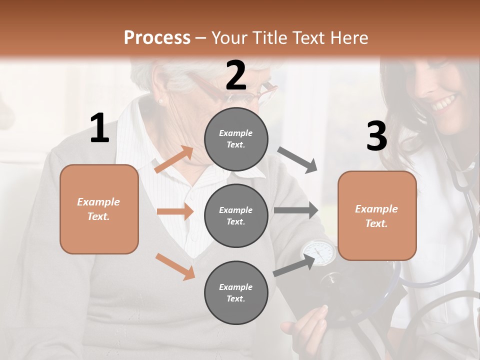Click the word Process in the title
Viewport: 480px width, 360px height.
click(x=157, y=38)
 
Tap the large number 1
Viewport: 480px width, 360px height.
click(x=99, y=128)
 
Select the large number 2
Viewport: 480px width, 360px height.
click(x=236, y=75)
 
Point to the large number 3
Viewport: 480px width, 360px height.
click(x=376, y=136)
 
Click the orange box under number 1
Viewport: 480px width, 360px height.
click(x=99, y=209)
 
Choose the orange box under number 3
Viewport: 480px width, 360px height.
click(x=377, y=215)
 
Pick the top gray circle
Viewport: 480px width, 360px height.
click(x=236, y=139)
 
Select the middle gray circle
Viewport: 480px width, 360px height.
click(x=236, y=215)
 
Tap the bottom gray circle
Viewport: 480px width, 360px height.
click(x=236, y=292)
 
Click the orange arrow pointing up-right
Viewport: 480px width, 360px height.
click(x=174, y=159)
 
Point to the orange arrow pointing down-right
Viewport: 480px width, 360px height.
click(x=175, y=266)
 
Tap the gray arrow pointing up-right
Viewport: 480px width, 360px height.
click(x=294, y=265)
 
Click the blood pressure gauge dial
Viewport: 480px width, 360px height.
click(x=319, y=252)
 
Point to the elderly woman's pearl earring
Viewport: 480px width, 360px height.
click(x=161, y=101)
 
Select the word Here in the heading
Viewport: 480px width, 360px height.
click(x=349, y=38)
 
